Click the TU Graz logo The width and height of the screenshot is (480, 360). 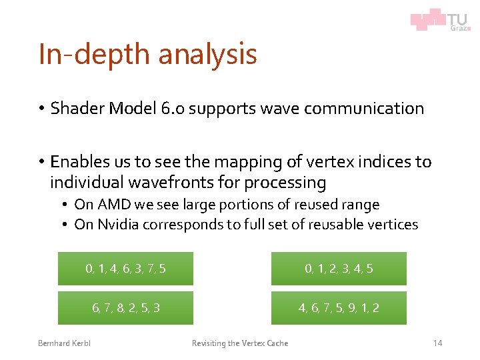pos(440,20)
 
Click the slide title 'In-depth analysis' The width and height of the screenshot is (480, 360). pos(147,54)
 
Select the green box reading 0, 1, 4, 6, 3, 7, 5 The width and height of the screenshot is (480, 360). pos(125,269)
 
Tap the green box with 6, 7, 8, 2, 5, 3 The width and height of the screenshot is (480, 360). pos(125,308)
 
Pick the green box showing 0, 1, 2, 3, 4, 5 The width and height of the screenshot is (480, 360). pos(339,269)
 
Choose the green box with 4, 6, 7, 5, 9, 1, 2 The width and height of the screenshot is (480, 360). pos(339,308)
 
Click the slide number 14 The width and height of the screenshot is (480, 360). pos(437,343)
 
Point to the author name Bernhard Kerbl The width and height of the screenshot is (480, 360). pos(64,343)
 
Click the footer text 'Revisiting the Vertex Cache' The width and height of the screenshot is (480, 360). pos(240,343)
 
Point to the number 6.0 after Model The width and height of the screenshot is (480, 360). pos(171,109)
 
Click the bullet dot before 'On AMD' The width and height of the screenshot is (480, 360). pos(67,205)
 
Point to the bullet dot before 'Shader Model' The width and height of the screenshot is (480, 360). pos(41,109)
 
